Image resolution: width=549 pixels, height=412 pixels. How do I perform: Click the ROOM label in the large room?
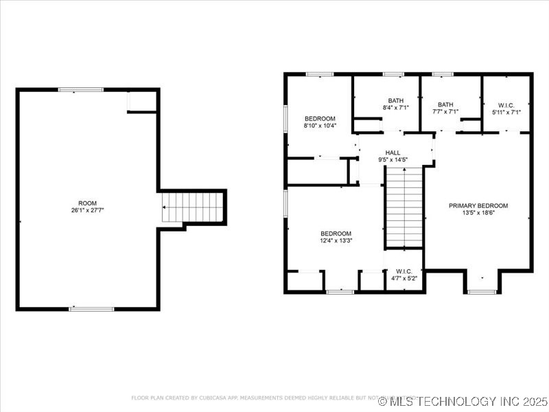click(x=87, y=203)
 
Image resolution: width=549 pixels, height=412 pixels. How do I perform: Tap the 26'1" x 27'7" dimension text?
click(x=87, y=210)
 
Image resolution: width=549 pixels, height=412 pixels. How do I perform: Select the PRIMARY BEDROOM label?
click(x=478, y=206)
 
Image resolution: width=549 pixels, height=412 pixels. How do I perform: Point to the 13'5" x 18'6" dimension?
click(x=478, y=214)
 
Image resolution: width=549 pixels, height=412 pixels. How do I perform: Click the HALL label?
click(x=393, y=153)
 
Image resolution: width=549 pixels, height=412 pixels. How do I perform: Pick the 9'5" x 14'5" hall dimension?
click(x=393, y=160)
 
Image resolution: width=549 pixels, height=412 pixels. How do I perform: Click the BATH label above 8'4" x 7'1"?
click(x=395, y=101)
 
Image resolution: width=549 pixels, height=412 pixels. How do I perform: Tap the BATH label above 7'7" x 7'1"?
click(x=445, y=104)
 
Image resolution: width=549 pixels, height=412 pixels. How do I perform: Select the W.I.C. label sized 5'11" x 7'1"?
click(x=506, y=105)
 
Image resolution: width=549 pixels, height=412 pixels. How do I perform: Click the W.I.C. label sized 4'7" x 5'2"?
click(x=404, y=271)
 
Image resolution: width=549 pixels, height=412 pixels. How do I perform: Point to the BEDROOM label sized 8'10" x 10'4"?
click(x=320, y=119)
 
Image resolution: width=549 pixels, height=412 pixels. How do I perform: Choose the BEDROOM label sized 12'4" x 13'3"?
click(x=336, y=233)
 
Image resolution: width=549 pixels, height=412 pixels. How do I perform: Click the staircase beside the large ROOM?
click(x=196, y=207)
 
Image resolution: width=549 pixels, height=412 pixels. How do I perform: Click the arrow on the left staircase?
click(x=165, y=207)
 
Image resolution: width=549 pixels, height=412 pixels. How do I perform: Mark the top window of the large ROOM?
click(x=81, y=89)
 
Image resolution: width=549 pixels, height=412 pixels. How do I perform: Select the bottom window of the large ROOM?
click(x=92, y=309)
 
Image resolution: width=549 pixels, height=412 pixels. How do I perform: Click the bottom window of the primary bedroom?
click(x=482, y=292)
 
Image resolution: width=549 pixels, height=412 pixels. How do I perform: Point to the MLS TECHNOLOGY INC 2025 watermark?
click(x=464, y=401)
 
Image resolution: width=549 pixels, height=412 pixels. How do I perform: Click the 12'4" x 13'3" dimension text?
click(x=336, y=241)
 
